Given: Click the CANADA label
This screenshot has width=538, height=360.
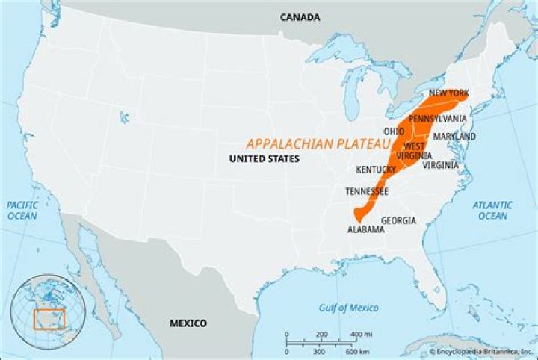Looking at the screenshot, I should tap(300, 17).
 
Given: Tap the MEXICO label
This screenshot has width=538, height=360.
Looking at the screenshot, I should tap(188, 323).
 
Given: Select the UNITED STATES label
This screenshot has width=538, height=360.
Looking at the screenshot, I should tap(264, 159).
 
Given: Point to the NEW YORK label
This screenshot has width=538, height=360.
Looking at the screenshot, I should tap(448, 93).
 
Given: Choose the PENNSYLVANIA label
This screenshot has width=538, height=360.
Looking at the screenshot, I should tap(437, 119).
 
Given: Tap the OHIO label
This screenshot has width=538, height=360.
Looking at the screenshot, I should tap(394, 131).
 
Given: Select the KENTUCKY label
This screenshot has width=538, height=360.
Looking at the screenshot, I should tap(376, 169).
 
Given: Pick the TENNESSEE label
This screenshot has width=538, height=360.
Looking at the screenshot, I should tap(366, 192).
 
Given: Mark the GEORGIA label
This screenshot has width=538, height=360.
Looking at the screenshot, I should tap(398, 220).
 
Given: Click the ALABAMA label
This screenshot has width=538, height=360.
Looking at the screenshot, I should tap(366, 230).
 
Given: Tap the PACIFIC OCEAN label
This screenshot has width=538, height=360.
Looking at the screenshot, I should tap(23, 210).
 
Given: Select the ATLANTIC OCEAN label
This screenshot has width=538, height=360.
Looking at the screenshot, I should tap(492, 210).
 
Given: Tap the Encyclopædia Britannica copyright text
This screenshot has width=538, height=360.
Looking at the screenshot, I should tap(478, 351).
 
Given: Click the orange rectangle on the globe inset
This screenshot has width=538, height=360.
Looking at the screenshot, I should tap(49, 320).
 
